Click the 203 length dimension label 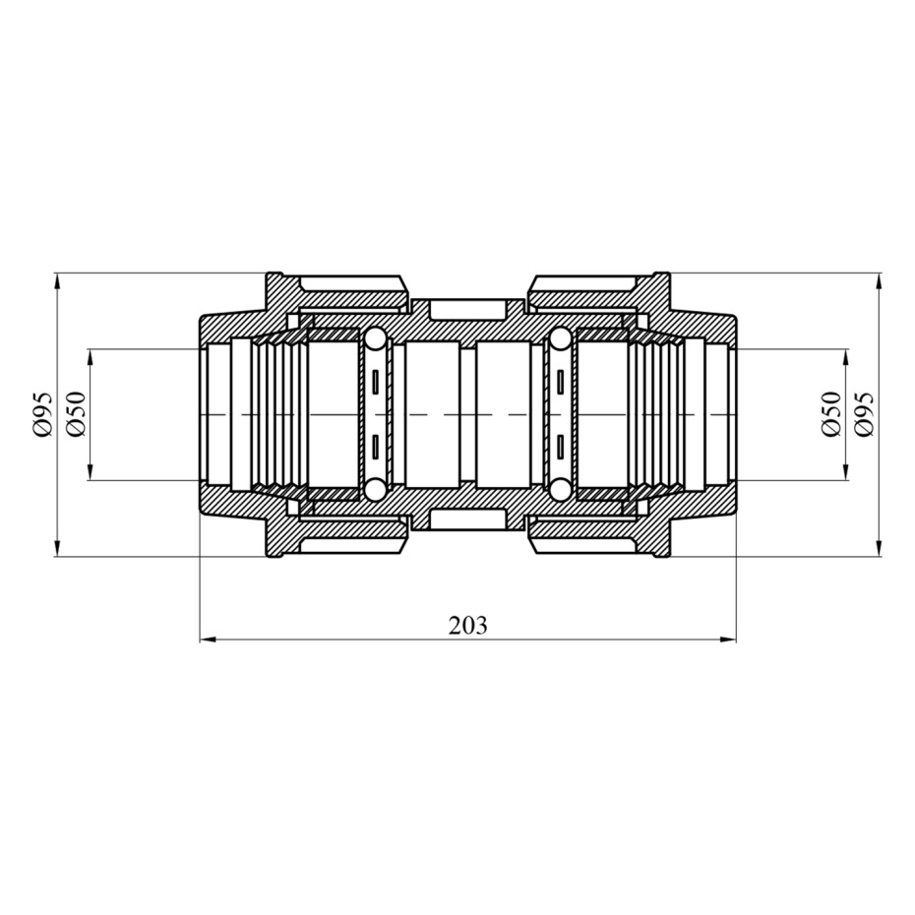click(x=466, y=626)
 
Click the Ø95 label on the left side click(x=43, y=414)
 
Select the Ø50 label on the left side click(x=77, y=414)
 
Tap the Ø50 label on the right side click(x=830, y=414)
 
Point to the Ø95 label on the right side click(x=864, y=414)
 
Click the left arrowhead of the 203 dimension click(x=209, y=640)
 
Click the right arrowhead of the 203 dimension click(x=728, y=640)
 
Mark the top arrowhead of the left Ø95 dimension click(x=57, y=281)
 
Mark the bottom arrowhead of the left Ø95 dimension click(x=57, y=548)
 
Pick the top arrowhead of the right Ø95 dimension click(x=880, y=281)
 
